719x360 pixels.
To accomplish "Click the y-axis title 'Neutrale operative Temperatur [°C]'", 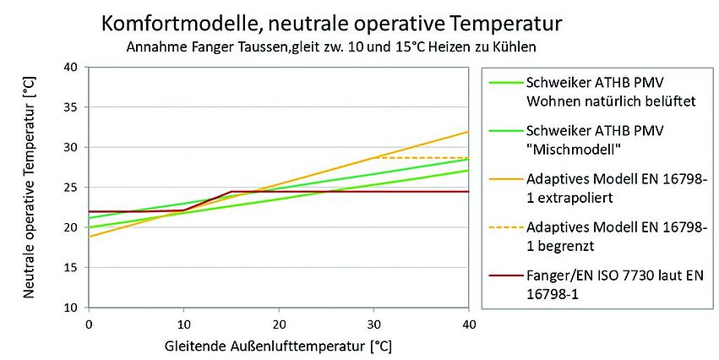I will pyautogui.click(x=28, y=186).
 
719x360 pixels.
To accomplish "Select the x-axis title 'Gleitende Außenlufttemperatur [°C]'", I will pyautogui.click(x=279, y=346).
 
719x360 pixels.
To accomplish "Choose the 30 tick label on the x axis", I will pyautogui.click(x=373, y=324).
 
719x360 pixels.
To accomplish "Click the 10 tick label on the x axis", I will pyautogui.click(x=183, y=324).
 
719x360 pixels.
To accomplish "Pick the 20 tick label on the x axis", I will pyautogui.click(x=279, y=324).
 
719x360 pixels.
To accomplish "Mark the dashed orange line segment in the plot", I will pyautogui.click(x=422, y=158).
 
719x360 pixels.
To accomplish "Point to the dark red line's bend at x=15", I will pyautogui.click(x=231, y=192).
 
